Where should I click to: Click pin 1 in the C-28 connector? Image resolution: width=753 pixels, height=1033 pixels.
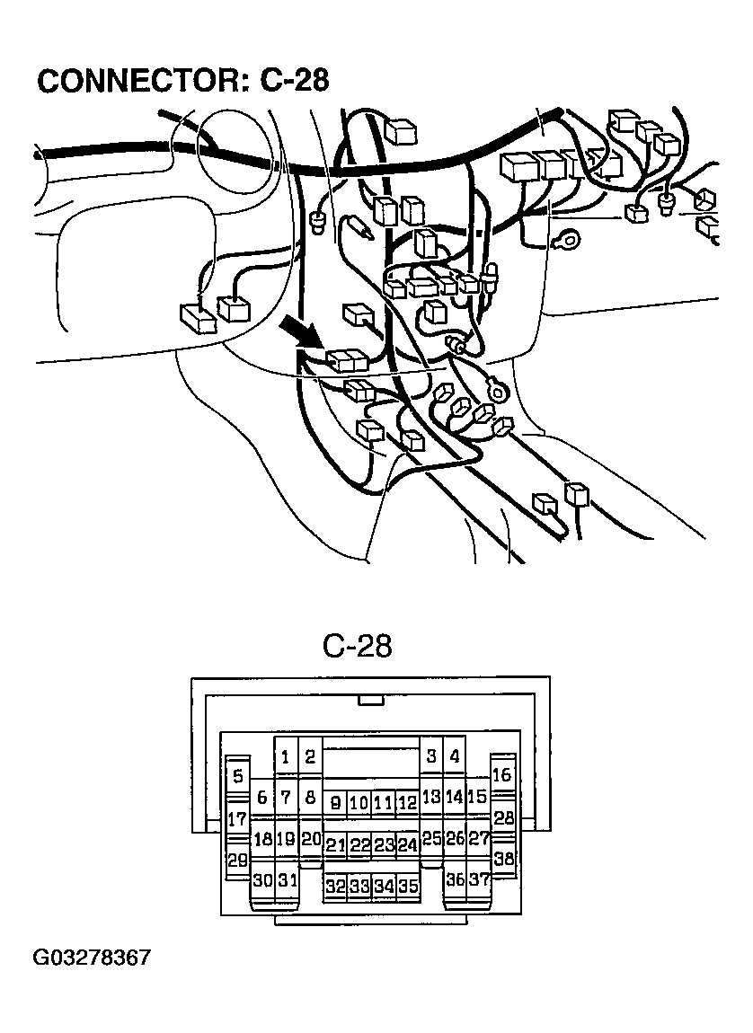click(286, 757)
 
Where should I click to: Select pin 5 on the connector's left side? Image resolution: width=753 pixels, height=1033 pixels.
click(237, 777)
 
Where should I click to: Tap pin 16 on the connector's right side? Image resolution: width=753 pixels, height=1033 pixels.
click(502, 775)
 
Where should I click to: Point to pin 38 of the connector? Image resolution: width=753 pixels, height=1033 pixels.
click(504, 859)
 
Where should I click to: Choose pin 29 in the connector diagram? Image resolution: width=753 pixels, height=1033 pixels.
click(237, 861)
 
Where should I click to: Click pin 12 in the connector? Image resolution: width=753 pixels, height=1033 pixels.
click(407, 803)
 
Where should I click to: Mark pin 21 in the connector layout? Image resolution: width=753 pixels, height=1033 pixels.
click(335, 845)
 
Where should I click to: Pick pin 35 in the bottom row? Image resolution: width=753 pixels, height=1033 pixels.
click(409, 886)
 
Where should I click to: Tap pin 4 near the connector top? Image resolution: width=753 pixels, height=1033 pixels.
click(455, 757)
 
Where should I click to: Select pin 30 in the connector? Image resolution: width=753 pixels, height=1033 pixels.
click(262, 880)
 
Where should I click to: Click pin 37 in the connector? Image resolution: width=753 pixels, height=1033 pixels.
click(480, 880)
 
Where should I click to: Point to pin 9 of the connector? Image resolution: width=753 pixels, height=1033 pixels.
click(335, 803)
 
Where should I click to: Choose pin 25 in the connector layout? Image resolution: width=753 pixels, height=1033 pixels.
click(431, 839)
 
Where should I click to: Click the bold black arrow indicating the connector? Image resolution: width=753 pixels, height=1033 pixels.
click(303, 333)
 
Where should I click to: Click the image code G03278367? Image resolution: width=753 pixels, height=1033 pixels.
click(93, 958)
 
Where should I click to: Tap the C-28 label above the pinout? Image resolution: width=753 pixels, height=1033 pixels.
click(357, 647)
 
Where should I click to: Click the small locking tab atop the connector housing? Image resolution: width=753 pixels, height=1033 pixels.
click(370, 700)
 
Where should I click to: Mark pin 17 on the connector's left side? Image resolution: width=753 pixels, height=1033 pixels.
click(237, 819)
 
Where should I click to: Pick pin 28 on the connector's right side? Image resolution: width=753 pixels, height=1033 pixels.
click(504, 818)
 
